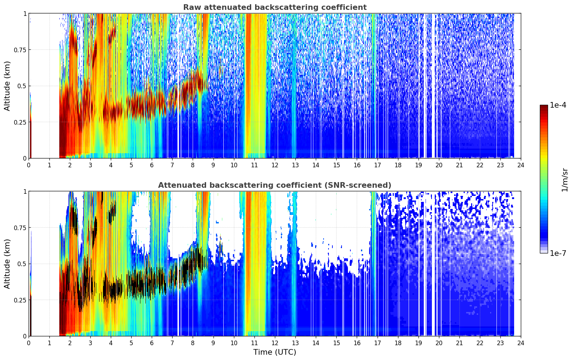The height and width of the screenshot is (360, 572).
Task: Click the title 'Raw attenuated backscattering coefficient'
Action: [x=275, y=7]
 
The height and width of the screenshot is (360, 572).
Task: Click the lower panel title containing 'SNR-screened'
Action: [x=275, y=185]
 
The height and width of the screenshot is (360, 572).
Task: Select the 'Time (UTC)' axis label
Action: [x=275, y=352]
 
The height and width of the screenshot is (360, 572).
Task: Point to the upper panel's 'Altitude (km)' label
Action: [x=7, y=86]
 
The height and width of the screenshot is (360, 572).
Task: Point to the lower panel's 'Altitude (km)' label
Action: [x=7, y=264]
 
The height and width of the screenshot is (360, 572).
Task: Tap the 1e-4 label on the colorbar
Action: [x=558, y=105]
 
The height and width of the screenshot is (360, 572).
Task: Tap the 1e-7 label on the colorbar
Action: [x=558, y=253]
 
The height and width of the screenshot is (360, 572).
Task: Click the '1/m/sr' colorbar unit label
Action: [x=565, y=180]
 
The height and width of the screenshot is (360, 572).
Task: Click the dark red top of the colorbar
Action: [x=544, y=107]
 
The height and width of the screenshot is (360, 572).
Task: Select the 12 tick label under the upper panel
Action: [x=275, y=165]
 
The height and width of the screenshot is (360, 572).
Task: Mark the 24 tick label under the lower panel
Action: [x=521, y=343]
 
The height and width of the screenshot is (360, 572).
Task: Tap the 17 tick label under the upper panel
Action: [x=378, y=165]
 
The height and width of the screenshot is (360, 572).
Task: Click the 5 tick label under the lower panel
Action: [x=131, y=343]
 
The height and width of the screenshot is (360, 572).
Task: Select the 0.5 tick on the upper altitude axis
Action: [x=22, y=86]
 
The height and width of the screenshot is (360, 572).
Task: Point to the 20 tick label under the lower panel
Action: [x=439, y=343]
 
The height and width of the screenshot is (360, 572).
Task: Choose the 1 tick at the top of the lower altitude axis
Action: [x=25, y=191]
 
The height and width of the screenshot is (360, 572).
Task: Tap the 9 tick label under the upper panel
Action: [x=213, y=165]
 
